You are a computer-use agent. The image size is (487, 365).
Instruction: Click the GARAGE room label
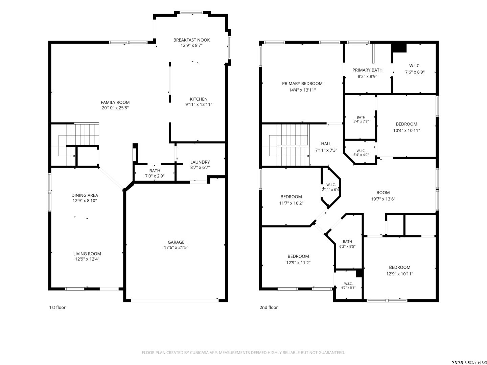pos(176,242)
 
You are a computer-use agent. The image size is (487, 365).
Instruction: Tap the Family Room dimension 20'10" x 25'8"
pos(115,108)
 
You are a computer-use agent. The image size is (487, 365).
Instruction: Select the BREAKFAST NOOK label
pos(191,40)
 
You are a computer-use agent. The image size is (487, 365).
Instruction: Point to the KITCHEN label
pos(199,99)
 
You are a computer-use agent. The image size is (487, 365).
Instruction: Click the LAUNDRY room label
pos(200,162)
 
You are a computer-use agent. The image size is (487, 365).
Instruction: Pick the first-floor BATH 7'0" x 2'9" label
pos(155,173)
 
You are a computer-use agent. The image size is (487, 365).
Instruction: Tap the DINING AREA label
pos(85,195)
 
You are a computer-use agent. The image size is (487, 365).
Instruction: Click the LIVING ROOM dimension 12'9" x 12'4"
pos(87,259)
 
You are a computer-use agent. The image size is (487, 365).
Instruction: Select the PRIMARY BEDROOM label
pos(302,83)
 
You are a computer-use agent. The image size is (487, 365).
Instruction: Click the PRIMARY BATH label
pos(367,70)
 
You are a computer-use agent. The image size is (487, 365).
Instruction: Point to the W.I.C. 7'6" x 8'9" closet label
pos(415,69)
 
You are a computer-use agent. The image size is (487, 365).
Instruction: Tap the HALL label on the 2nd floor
pos(326,144)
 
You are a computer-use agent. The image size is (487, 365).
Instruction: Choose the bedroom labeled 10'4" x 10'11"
pos(407,127)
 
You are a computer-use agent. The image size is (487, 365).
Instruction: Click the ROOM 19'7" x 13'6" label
pos(383,196)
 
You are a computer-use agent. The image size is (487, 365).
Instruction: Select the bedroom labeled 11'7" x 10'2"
pos(291,200)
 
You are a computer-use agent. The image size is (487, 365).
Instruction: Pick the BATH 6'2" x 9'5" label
pos(347,244)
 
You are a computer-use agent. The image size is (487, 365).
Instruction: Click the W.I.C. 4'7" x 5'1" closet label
pos(348,286)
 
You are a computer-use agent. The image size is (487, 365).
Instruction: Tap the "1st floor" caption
pos(57,308)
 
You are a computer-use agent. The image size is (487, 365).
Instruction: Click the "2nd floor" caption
pos(269,308)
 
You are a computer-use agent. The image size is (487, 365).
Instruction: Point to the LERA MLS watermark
pos(469,362)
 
